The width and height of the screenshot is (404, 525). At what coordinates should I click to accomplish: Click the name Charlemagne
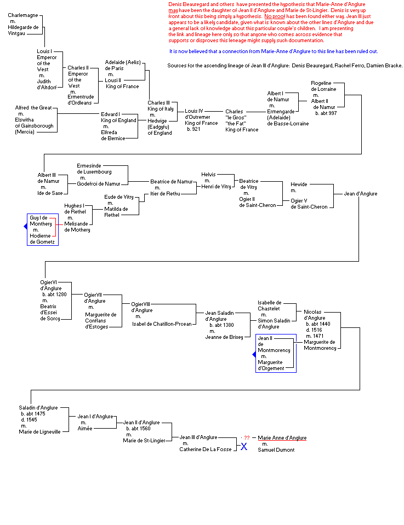click(x=22, y=15)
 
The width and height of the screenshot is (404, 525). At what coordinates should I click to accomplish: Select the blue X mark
click(x=244, y=447)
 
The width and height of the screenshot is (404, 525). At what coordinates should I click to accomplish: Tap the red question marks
click(x=247, y=438)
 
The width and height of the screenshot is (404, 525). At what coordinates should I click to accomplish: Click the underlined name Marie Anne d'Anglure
click(x=282, y=438)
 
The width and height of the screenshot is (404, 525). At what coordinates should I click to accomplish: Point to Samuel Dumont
click(x=276, y=450)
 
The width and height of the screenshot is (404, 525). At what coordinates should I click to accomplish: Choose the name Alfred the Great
click(x=33, y=108)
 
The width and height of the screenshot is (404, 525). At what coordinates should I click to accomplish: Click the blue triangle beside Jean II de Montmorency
click(x=254, y=355)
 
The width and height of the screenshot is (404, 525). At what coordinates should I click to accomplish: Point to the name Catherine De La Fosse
click(x=205, y=449)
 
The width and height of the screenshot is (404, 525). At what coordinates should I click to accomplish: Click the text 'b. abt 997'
click(x=326, y=113)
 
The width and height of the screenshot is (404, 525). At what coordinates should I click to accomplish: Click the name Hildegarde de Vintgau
click(x=23, y=30)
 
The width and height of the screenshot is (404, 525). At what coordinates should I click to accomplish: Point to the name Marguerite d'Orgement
click(x=271, y=365)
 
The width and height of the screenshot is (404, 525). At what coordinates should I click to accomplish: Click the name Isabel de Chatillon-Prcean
click(x=162, y=324)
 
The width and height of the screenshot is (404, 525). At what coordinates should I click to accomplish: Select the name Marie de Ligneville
click(x=39, y=431)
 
